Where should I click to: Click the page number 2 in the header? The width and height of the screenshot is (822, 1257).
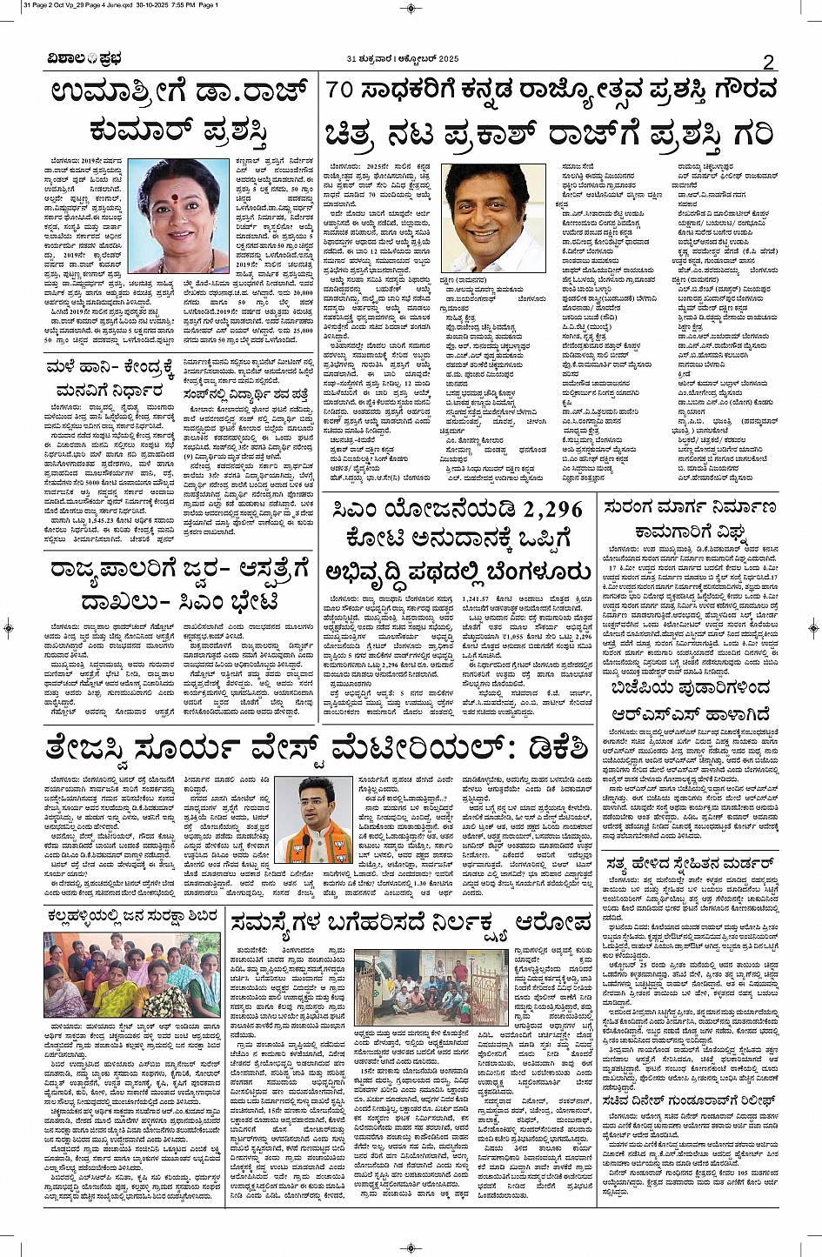click(768, 61)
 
